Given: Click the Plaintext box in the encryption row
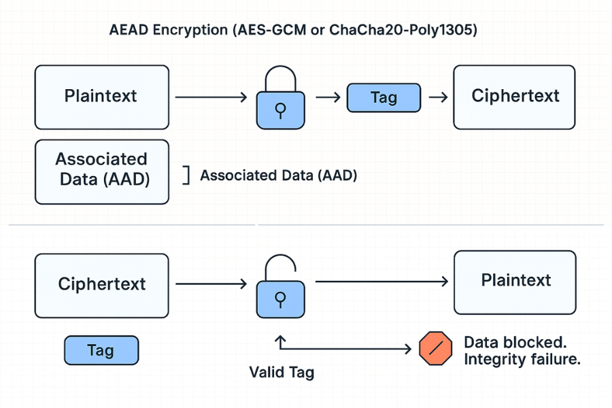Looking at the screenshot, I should click(x=101, y=97).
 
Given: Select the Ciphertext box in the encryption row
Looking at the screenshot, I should click(x=515, y=97).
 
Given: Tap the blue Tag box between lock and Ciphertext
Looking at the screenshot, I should click(x=384, y=97).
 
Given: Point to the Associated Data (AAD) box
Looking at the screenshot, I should click(x=101, y=171).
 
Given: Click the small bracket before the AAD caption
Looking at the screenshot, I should click(x=185, y=175).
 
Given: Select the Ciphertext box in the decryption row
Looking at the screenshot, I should click(x=101, y=284).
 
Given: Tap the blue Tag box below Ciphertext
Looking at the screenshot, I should click(x=101, y=351).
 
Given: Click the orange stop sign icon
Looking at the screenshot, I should click(x=435, y=348).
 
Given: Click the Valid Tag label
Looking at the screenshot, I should click(x=282, y=373).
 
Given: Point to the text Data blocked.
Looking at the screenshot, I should click(x=514, y=342).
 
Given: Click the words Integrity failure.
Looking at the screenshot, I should click(x=522, y=360).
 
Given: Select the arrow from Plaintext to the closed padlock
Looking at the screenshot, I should click(x=210, y=97).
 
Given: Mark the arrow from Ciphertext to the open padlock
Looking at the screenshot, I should click(x=210, y=284).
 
